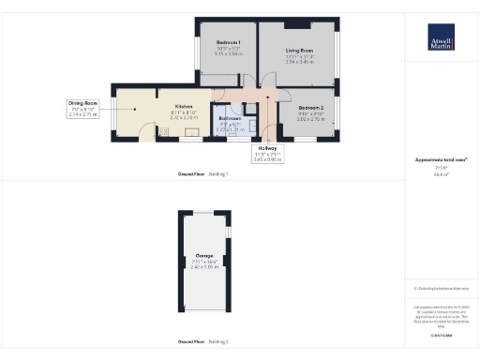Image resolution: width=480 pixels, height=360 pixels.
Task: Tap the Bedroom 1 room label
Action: (229, 43)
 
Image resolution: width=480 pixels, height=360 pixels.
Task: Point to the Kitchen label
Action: (184, 107)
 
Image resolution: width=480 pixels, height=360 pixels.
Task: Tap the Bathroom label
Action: (230, 119)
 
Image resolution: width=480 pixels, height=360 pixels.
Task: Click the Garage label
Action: (203, 255)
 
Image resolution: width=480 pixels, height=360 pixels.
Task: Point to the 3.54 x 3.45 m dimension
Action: (299, 61)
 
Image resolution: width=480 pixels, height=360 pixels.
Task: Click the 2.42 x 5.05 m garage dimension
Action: (203, 266)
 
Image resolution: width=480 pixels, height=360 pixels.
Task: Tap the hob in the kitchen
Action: (162, 131)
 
